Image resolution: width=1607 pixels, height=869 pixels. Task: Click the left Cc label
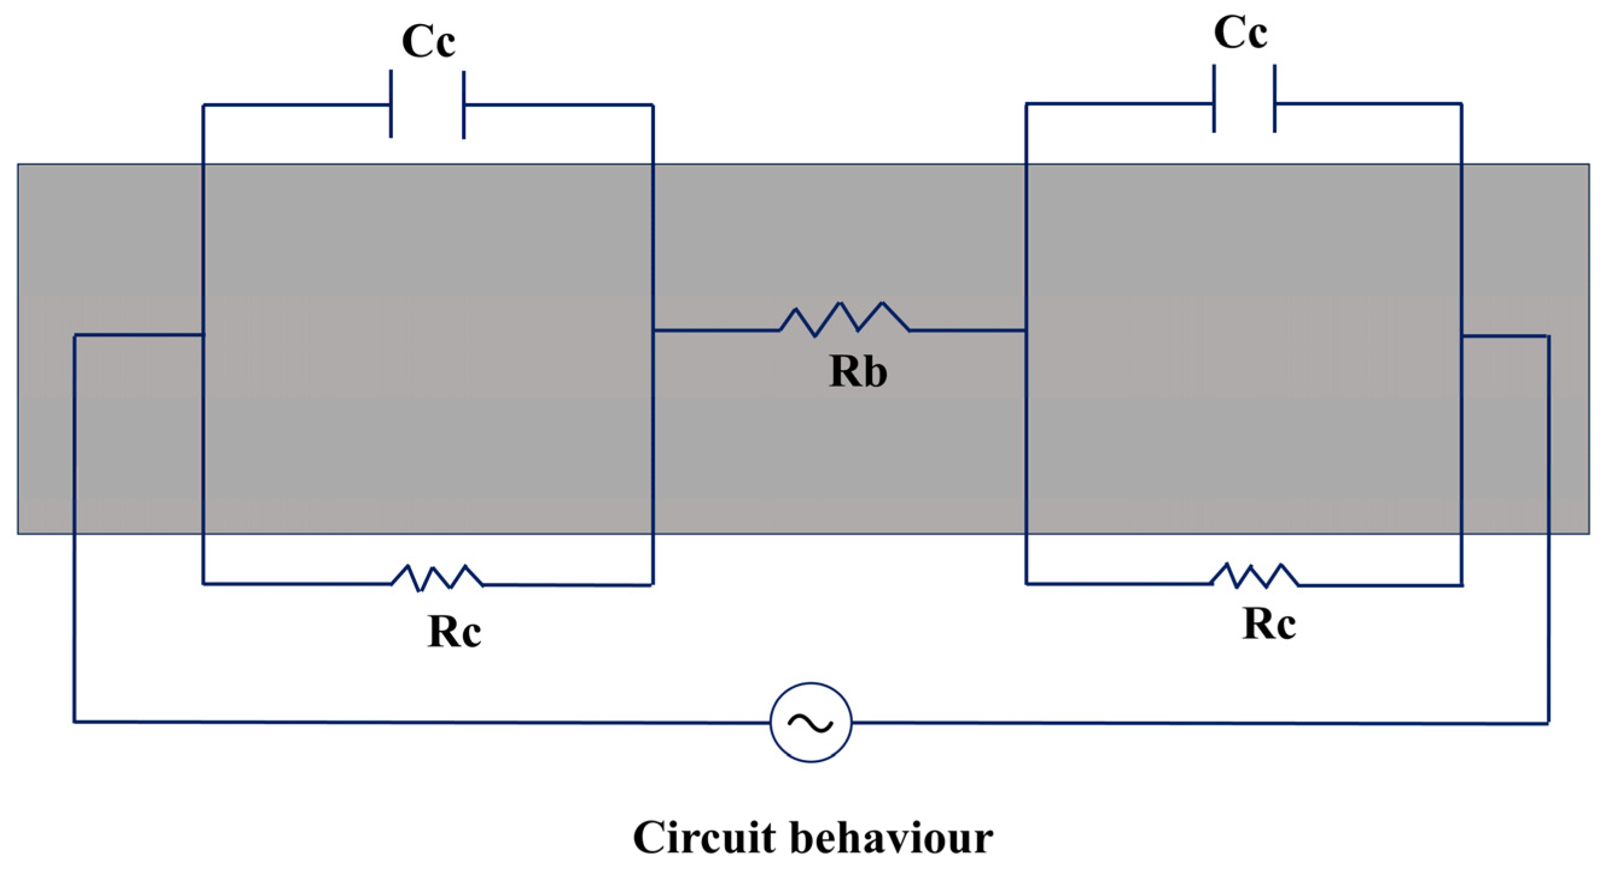pyautogui.click(x=428, y=42)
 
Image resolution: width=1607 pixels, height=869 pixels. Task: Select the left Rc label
pyautogui.click(x=453, y=632)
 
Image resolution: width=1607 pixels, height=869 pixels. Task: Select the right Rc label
pyautogui.click(x=1269, y=624)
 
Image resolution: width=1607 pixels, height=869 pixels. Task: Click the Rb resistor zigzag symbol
pyautogui.click(x=843, y=320)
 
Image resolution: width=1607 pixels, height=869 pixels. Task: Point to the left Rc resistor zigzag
pyautogui.click(x=436, y=578)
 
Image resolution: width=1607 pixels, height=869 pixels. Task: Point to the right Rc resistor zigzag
pyautogui.click(x=1254, y=576)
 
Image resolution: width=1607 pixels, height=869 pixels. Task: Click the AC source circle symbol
pyautogui.click(x=810, y=722)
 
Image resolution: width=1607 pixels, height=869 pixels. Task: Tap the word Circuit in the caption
pyautogui.click(x=704, y=838)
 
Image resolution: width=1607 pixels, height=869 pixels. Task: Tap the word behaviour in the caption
pyautogui.click(x=892, y=838)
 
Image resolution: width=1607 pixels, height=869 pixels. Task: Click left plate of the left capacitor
pyautogui.click(x=391, y=104)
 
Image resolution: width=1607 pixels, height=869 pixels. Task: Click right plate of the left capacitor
pyautogui.click(x=464, y=105)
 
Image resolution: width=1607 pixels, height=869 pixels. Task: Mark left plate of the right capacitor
pyautogui.click(x=1214, y=98)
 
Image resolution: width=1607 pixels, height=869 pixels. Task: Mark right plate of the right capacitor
pyautogui.click(x=1274, y=98)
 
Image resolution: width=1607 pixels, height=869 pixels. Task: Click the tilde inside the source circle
pyautogui.click(x=810, y=723)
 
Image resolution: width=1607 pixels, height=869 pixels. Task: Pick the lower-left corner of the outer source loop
pyautogui.click(x=75, y=722)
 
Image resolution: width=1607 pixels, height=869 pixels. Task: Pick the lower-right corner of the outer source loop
pyautogui.click(x=1548, y=723)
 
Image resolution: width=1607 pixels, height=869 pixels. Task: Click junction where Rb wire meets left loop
pyautogui.click(x=653, y=330)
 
